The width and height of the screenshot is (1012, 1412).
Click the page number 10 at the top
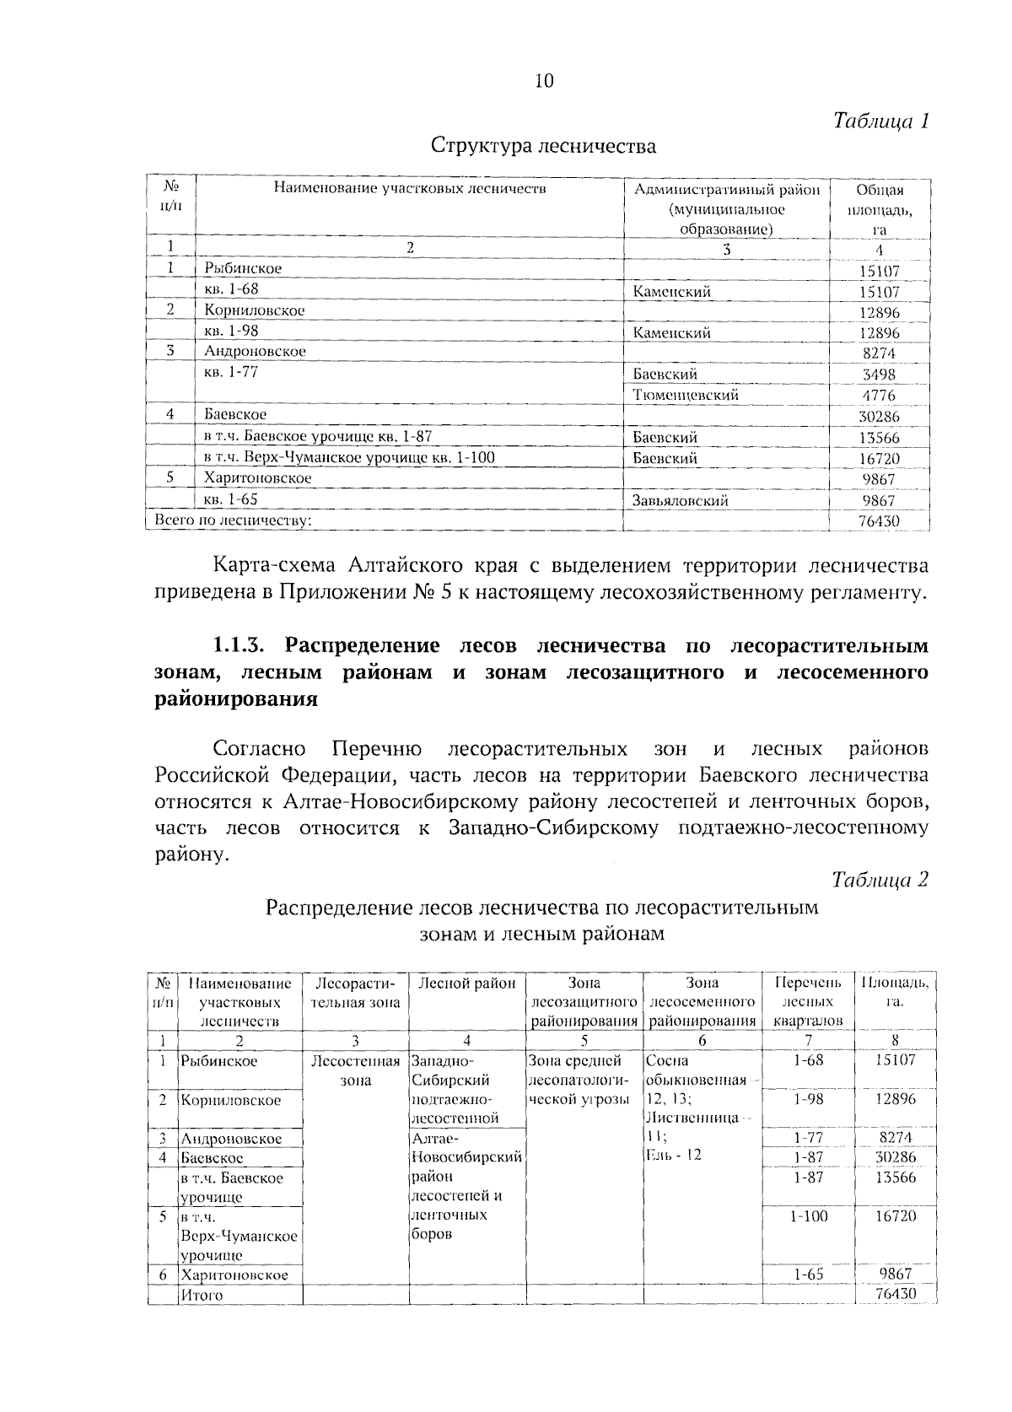click(544, 81)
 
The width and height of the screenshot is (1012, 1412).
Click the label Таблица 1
click(880, 121)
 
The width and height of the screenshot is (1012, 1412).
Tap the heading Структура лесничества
click(543, 147)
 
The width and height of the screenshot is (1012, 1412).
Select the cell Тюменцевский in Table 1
click(686, 395)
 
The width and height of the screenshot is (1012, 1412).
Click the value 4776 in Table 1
click(879, 396)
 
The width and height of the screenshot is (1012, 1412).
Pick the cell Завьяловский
click(680, 500)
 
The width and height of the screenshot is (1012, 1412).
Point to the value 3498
click(879, 375)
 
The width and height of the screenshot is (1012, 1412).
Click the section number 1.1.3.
click(243, 646)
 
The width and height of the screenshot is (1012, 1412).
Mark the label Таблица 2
click(880, 879)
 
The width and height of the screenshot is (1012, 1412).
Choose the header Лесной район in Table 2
click(466, 984)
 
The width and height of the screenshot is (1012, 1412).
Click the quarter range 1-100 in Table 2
click(809, 1215)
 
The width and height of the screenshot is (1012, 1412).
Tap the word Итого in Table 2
click(201, 1295)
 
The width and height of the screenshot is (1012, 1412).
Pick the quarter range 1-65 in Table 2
click(808, 1275)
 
